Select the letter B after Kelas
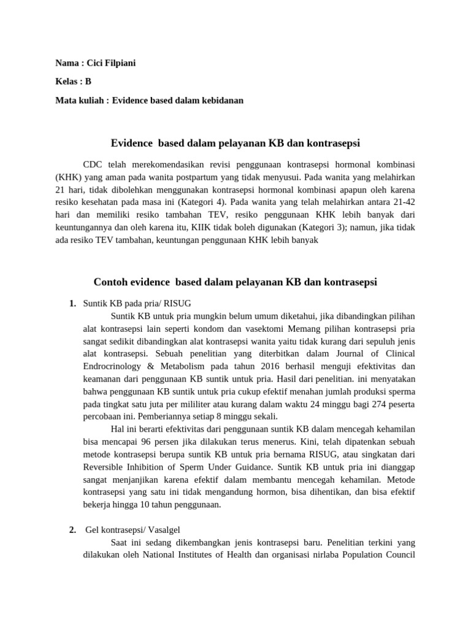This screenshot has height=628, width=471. coord(88,82)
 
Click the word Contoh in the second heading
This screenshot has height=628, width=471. coord(109,282)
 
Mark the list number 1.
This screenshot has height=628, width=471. coord(72,304)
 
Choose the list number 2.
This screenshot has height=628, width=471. coord(72,530)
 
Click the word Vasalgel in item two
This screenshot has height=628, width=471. coord(164,530)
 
